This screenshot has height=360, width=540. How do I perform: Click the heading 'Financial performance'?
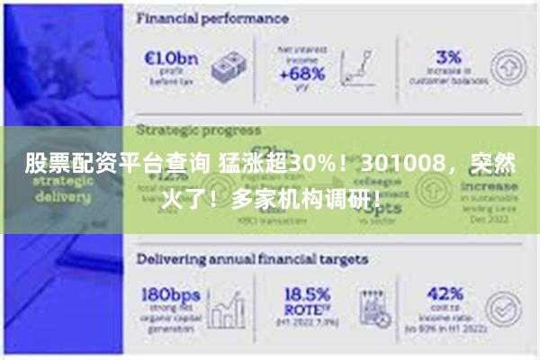click(x=212, y=17)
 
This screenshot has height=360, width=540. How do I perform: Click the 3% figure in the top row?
click(x=447, y=57)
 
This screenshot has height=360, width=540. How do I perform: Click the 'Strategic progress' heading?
click(x=198, y=130)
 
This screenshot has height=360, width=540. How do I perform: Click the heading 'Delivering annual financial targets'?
click(x=252, y=258)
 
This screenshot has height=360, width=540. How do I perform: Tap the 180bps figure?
click(x=172, y=295)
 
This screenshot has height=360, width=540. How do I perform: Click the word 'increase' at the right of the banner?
click(x=491, y=191)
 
